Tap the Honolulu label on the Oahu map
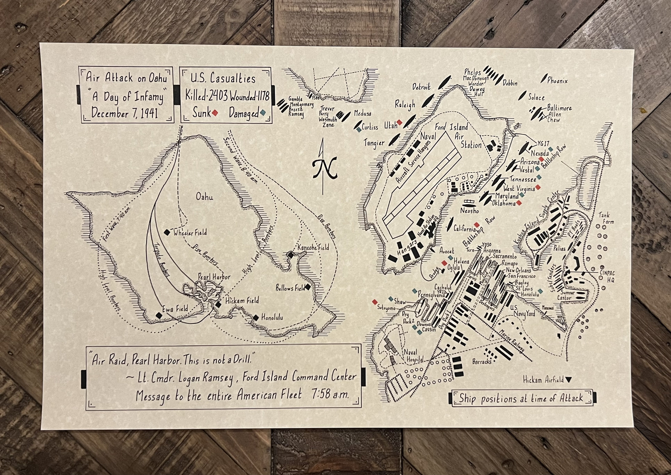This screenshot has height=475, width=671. (x=272, y=317)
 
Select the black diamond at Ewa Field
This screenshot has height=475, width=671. (x=159, y=315)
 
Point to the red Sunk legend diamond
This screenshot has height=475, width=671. (x=215, y=113)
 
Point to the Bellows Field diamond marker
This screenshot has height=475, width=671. (x=308, y=287)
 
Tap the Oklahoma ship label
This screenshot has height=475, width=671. (x=503, y=203)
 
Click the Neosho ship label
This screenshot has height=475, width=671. (x=469, y=211)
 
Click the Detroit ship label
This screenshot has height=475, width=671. (x=422, y=87)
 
